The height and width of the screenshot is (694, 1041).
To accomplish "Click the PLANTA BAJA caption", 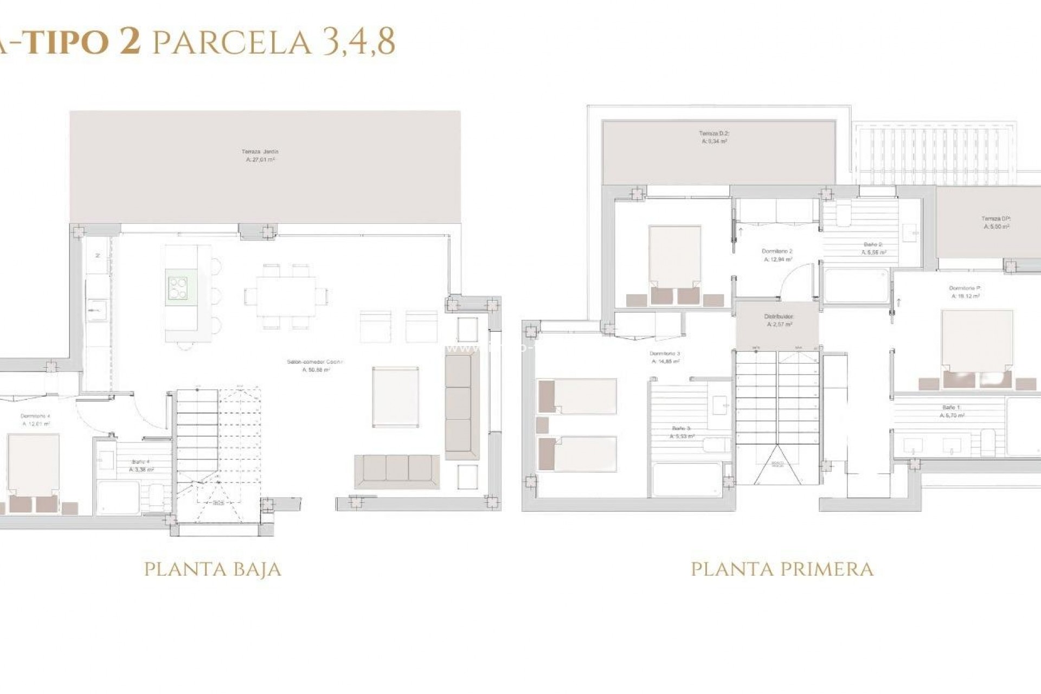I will pos(213,569).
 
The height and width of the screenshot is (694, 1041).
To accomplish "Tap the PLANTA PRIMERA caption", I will pos(782,569).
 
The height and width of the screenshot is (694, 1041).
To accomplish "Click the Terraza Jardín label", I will pos(260,156).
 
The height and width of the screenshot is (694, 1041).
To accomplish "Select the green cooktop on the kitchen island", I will pos(178,288).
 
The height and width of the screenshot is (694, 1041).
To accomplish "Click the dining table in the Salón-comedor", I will pos(286,296).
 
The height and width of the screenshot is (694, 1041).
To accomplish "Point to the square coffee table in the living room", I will pos(395,396).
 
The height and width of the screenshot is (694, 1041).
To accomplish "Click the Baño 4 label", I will pos(140,466).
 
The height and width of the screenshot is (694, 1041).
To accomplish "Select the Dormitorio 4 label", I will pos(36,420).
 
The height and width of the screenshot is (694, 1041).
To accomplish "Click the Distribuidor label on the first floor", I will pos(779,320).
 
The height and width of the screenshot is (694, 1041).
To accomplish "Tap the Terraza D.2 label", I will pos(714,137).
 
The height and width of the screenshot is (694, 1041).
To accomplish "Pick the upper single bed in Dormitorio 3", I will pos(577,396).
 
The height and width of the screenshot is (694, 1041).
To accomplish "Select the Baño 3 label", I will pos(681,432).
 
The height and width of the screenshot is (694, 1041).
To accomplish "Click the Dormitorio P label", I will pos(965,292).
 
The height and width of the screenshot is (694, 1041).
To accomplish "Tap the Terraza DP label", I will pos(996,222).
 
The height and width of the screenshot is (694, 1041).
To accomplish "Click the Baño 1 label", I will pos(952,411).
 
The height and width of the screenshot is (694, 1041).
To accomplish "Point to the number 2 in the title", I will pos(129,41).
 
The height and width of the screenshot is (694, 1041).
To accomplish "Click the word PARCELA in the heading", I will pos(233,42).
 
